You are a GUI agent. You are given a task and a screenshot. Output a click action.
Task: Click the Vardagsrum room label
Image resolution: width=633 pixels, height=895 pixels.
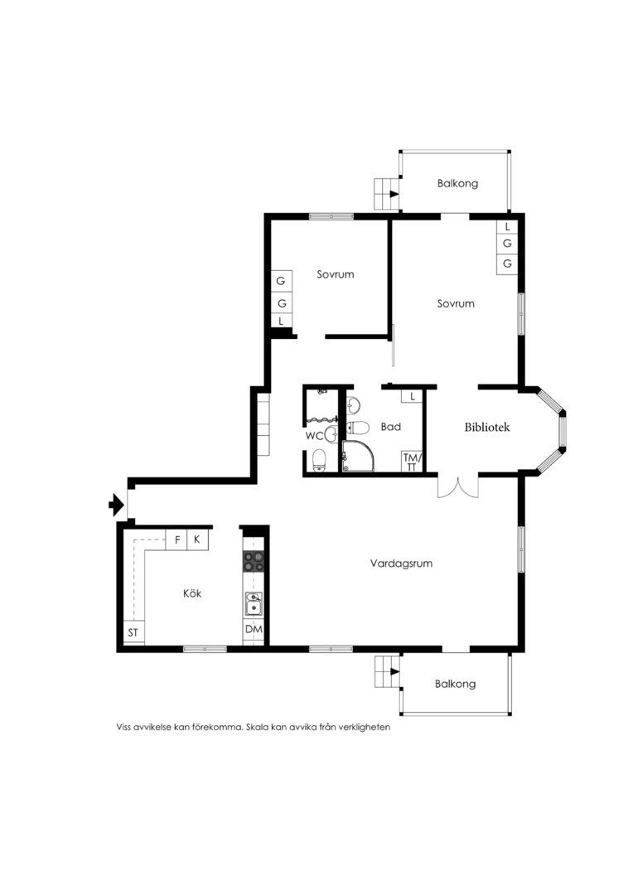click(x=401, y=564)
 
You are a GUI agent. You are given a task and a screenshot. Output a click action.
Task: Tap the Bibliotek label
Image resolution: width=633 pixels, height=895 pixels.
click(x=487, y=427)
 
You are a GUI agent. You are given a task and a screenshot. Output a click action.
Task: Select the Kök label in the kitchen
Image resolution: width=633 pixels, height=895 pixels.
click(x=192, y=593)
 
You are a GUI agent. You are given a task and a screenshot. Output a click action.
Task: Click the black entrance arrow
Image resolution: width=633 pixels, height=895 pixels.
click(x=117, y=505)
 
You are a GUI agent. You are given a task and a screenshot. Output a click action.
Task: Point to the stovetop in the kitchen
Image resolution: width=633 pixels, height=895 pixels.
click(x=254, y=561)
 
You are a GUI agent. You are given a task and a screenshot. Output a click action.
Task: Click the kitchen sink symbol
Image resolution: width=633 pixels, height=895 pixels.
click(x=254, y=604)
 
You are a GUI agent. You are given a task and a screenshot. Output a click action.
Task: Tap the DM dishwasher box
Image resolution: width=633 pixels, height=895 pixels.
click(x=254, y=630)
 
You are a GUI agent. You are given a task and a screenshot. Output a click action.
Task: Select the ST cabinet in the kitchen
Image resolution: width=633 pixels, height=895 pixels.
click(x=133, y=632)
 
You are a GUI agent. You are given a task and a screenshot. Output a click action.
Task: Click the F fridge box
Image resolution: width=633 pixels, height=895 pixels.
click(x=177, y=539)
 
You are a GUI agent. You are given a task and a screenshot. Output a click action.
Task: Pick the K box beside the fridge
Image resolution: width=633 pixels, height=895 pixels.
click(x=197, y=539)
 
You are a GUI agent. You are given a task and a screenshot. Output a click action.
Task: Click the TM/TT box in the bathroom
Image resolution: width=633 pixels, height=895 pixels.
click(x=412, y=462)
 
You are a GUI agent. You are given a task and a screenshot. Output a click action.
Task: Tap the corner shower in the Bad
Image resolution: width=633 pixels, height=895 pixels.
click(x=359, y=456)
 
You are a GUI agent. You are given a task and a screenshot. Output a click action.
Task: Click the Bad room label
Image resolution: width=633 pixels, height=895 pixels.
click(x=391, y=427)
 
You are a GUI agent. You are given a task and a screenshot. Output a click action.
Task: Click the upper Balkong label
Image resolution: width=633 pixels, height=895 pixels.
click(x=458, y=183)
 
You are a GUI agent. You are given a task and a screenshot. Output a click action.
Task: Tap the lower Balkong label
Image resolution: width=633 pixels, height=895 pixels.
click(x=455, y=684)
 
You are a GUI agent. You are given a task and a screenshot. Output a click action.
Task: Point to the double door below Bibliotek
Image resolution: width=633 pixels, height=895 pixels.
click(x=458, y=487)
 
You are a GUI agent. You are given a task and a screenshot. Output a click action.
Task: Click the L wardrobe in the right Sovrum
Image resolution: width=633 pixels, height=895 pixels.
click(x=507, y=226)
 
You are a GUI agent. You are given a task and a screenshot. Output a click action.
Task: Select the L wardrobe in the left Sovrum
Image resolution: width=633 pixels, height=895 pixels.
click(x=281, y=321)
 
